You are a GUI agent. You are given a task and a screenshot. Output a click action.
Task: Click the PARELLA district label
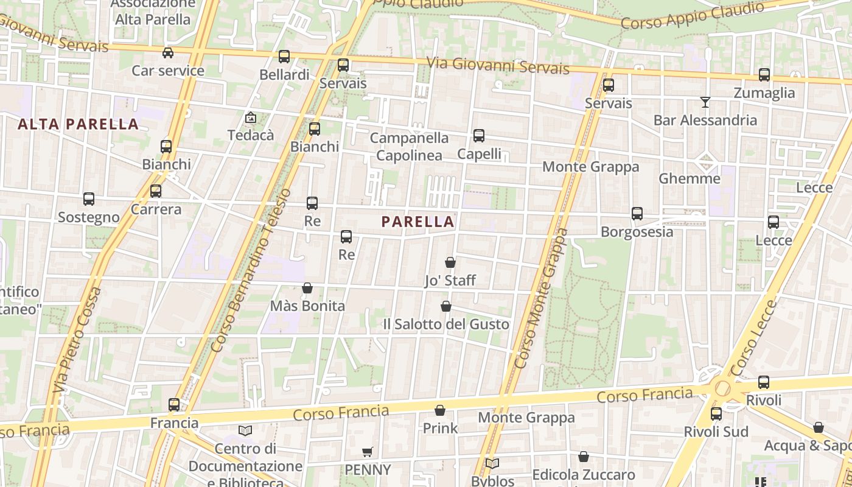(x=418, y=222)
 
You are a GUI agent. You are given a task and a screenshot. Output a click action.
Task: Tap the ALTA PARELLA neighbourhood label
(x=78, y=124)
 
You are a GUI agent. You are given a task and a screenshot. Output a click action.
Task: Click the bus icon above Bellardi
(x=284, y=57)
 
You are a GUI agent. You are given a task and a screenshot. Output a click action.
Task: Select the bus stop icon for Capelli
(x=479, y=136)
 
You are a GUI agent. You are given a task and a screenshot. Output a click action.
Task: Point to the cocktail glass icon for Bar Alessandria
(x=705, y=102)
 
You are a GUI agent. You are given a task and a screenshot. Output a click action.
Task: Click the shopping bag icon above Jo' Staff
(x=450, y=262)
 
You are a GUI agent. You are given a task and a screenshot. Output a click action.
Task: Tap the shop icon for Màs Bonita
(x=307, y=288)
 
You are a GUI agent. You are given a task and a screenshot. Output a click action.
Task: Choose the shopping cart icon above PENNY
(x=367, y=452)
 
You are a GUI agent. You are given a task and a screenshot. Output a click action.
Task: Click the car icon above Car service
(x=168, y=53)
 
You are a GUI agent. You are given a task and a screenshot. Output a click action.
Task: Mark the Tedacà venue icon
(x=250, y=117)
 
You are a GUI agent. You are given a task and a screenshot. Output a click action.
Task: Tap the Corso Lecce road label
(x=754, y=337)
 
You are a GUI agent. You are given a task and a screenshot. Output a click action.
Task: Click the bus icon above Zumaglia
(x=764, y=75)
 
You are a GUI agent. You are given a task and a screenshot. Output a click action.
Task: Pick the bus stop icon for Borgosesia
(x=637, y=214)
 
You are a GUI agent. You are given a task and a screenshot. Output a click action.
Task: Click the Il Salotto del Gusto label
(x=446, y=324)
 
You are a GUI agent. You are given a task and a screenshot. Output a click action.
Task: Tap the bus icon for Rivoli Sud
(x=716, y=414)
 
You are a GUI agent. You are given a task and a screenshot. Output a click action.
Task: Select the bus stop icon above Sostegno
(x=89, y=199)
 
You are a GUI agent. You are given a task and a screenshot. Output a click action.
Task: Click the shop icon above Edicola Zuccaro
(x=584, y=457)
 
